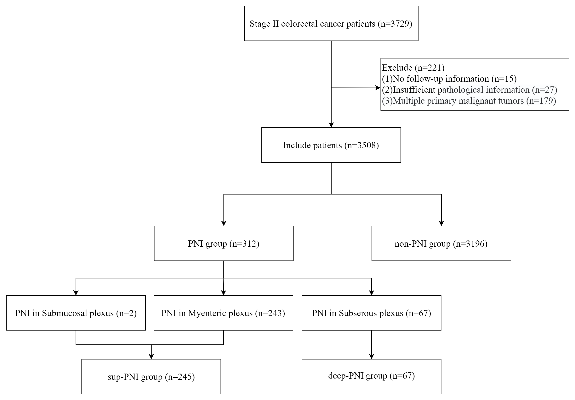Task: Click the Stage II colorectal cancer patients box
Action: point(331,24)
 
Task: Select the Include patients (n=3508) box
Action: point(331,145)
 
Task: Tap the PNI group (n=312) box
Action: point(224,243)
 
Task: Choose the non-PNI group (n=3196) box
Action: point(441,243)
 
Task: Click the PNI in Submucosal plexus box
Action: point(76,313)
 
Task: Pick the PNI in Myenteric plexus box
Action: point(223,313)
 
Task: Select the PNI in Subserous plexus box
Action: point(371,313)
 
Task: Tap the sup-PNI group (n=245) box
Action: point(151,376)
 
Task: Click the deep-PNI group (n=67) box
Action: point(371,376)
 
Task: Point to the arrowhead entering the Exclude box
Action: point(378,88)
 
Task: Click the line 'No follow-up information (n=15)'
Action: point(449,79)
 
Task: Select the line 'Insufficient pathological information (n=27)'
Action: point(470,90)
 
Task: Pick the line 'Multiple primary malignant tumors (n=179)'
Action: point(469,101)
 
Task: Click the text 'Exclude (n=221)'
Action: point(413,68)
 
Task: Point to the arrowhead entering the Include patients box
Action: point(331,125)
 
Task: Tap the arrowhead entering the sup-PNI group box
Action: point(151,356)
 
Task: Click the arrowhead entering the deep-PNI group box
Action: point(371,356)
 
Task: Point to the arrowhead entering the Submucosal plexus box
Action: point(76,293)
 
